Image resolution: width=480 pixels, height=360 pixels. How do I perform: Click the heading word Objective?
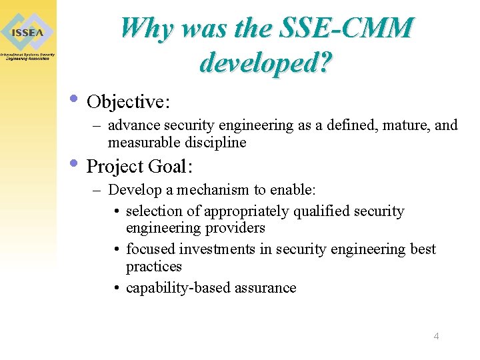tap(129, 102)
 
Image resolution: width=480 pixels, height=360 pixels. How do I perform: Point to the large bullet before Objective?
tap(75, 100)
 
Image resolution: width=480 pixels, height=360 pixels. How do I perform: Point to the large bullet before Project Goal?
tap(75, 163)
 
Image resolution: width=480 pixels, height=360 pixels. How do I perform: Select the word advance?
tap(134, 125)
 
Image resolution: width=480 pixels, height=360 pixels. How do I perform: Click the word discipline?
tap(212, 143)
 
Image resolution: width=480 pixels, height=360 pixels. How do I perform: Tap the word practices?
tap(154, 267)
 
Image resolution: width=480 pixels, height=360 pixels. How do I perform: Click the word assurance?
tap(263, 288)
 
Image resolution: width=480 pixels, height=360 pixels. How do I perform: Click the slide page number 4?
tap(436, 336)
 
